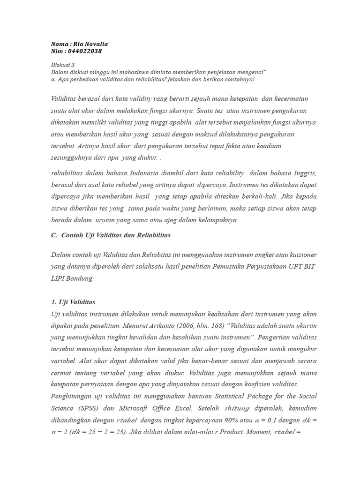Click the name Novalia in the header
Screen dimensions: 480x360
tap(97, 44)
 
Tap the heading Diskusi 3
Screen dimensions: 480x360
tap(62, 65)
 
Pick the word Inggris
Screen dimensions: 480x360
tap(305, 173)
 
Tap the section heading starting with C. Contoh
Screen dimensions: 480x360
tap(111, 235)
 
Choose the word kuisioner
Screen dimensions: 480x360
tap(300, 255)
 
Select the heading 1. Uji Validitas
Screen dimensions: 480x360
tap(73, 302)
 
